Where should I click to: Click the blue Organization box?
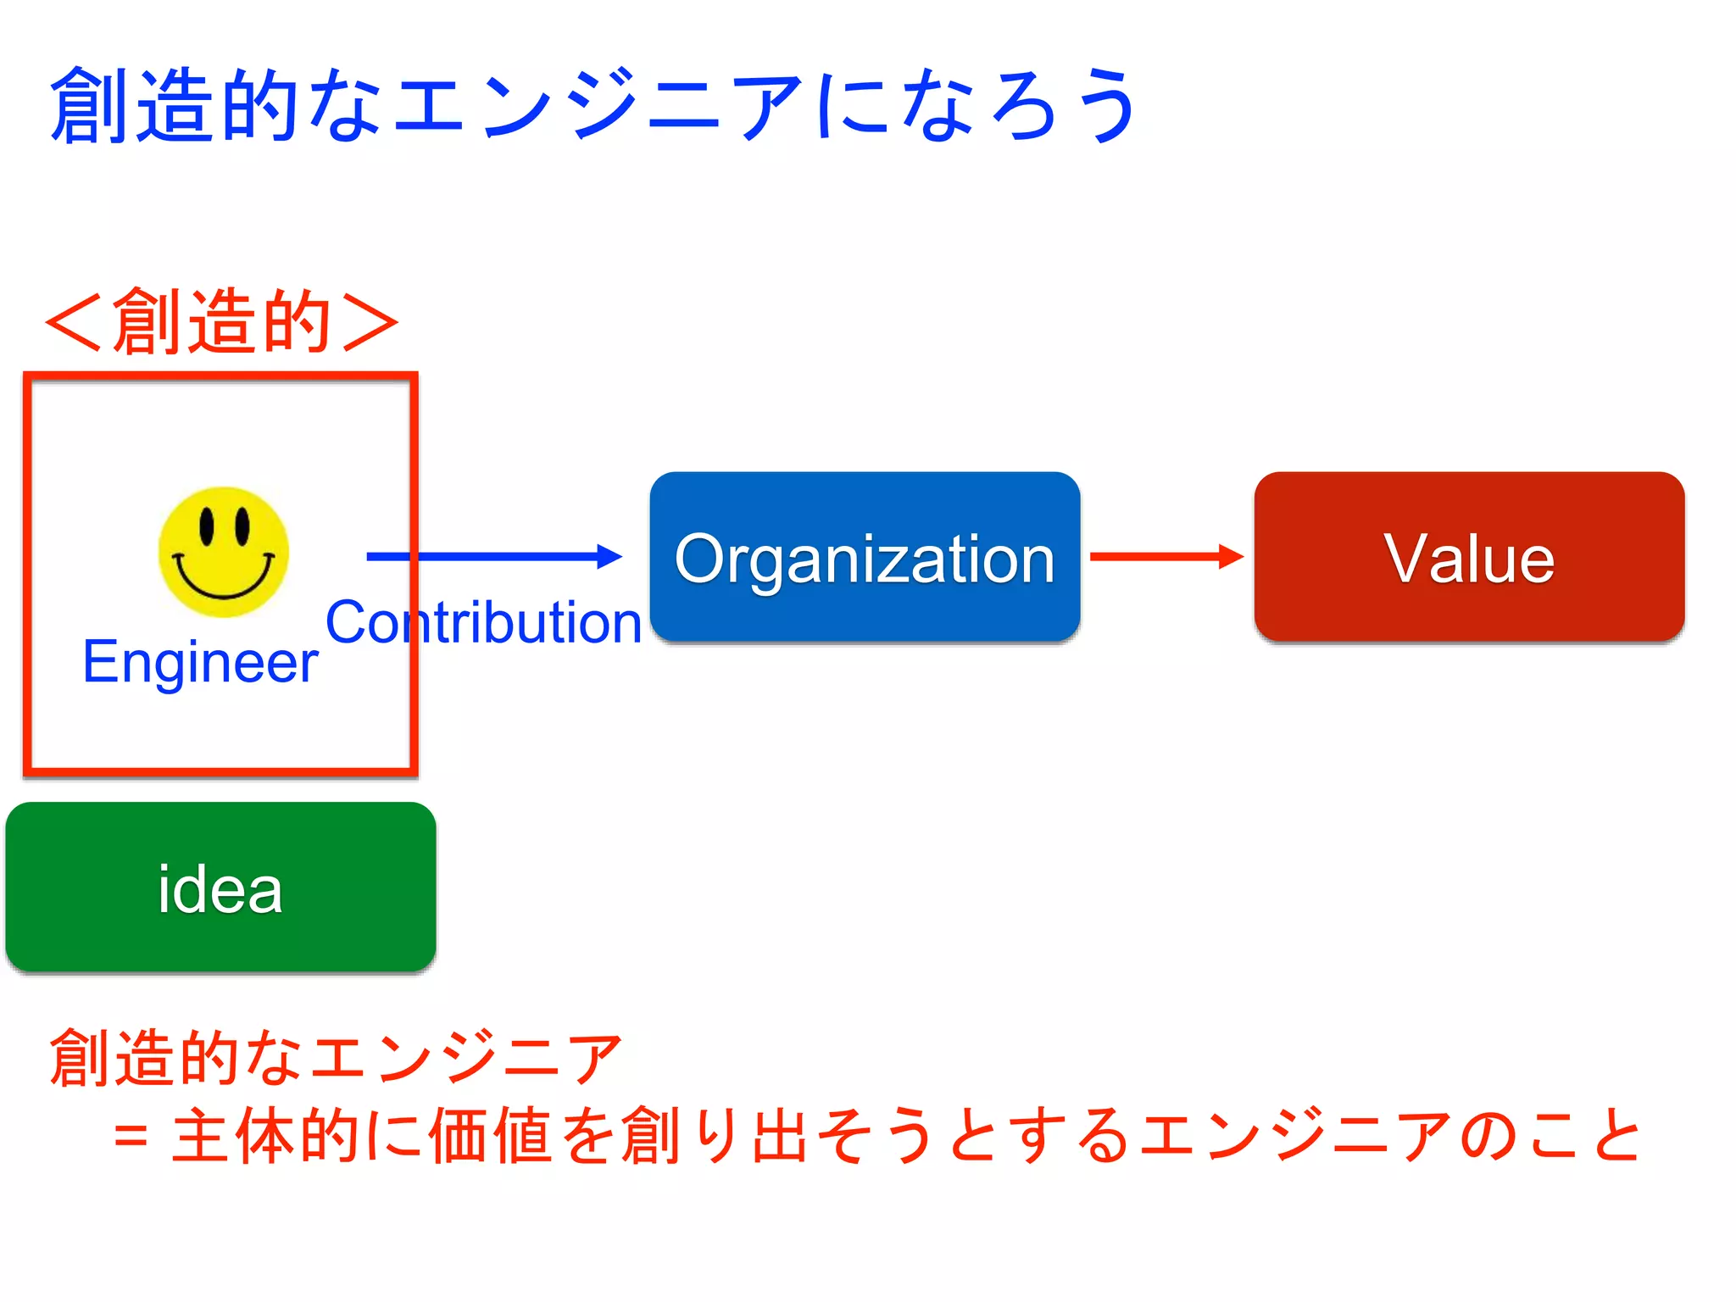pyautogui.click(x=865, y=557)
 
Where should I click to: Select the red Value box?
pyautogui.click(x=1469, y=557)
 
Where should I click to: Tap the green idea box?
pyautogui.click(x=220, y=887)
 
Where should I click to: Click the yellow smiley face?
pyautogui.click(x=224, y=552)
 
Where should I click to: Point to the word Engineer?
pyautogui.click(x=200, y=661)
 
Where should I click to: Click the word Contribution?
pyautogui.click(x=483, y=622)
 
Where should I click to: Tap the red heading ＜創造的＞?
pyautogui.click(x=222, y=321)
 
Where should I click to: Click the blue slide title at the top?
pyautogui.click(x=593, y=106)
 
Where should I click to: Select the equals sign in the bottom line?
pyautogui.click(x=131, y=1136)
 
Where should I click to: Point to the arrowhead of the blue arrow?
pyautogui.click(x=610, y=556)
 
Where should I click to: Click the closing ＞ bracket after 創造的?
pyautogui.click(x=370, y=321)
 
